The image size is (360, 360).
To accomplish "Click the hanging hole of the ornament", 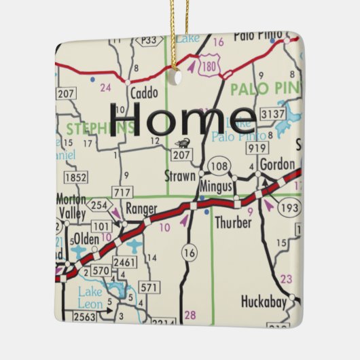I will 178,77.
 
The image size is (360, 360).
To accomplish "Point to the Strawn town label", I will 180,174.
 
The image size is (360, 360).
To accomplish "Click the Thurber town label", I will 233,222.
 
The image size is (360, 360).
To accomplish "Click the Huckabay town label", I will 264,301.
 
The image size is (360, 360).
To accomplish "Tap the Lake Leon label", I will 90,298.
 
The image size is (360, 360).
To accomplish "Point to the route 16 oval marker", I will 189,253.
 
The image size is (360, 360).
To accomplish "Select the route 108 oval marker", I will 218,165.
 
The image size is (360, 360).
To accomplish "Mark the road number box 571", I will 148,288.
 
